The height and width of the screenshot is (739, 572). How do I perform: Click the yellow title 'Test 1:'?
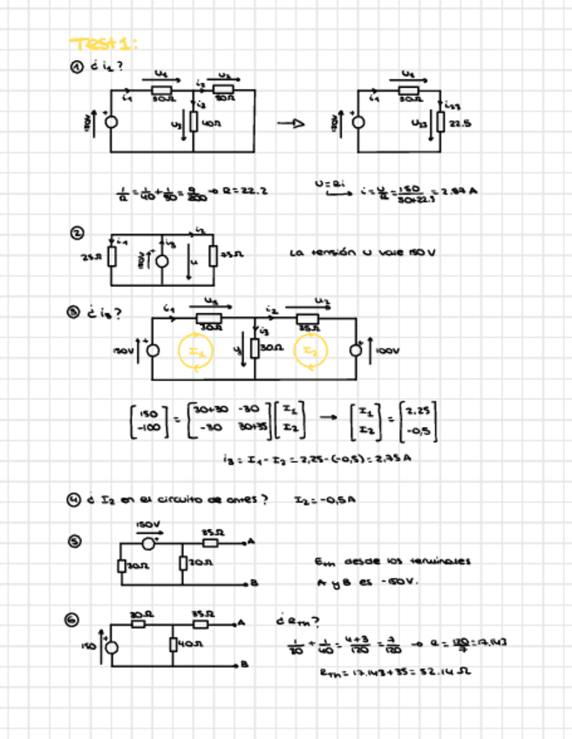pos(104,44)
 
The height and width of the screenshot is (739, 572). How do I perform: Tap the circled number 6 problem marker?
pos(77,619)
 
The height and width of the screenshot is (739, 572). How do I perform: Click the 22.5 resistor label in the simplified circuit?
pos(460,123)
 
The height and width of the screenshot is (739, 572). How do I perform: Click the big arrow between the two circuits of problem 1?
pos(291,124)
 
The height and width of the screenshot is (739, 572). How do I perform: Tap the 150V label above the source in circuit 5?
pos(146,525)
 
